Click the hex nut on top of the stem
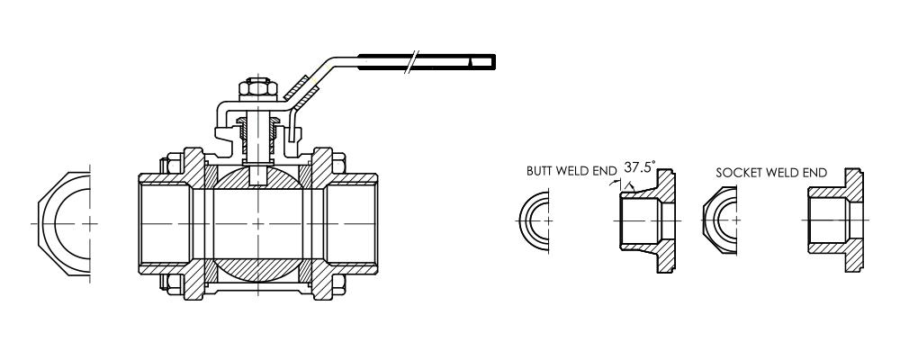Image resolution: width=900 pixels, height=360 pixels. pos(257,89)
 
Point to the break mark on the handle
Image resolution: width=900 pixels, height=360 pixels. pos(411,62)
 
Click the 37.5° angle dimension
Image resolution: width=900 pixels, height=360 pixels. pos(639,167)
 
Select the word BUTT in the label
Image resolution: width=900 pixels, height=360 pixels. pos(539,171)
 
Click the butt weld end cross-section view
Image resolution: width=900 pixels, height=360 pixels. pos(647,220)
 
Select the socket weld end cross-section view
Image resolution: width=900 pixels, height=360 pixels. pos(836,220)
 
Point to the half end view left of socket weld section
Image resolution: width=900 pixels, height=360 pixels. pos(719,220)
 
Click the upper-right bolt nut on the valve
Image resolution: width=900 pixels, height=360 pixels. pos(338,163)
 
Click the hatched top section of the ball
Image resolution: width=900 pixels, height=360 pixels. pos(257,177)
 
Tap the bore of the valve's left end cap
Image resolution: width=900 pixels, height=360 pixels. pos(165,223)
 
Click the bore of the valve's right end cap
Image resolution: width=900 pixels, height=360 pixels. pos(351,223)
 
